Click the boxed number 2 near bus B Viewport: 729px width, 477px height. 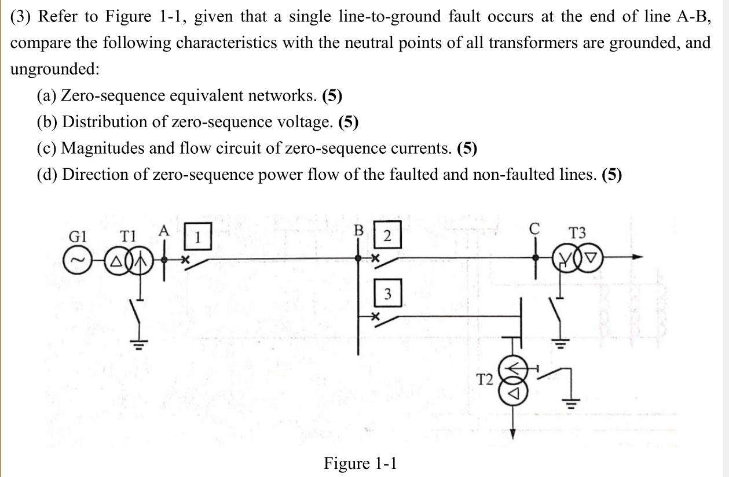(387, 236)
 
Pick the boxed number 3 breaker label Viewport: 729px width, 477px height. (388, 294)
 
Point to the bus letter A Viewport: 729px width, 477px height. (164, 230)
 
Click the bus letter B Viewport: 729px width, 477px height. (358, 230)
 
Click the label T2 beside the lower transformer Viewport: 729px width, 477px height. (484, 380)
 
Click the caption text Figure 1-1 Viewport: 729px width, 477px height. (360, 463)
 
